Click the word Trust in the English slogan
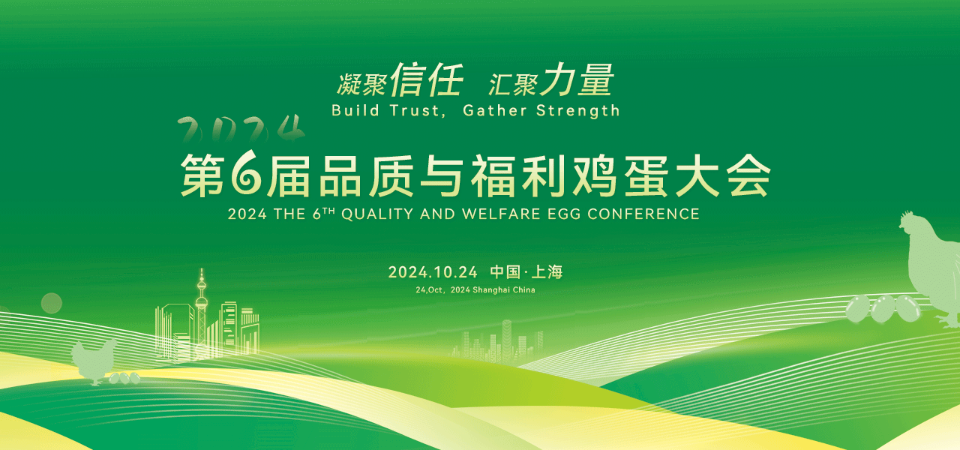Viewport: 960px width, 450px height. click(415, 110)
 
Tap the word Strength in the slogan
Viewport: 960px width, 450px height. click(578, 111)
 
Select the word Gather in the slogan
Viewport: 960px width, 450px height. click(494, 110)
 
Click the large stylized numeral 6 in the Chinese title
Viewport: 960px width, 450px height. click(246, 173)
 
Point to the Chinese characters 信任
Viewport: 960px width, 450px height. click(427, 79)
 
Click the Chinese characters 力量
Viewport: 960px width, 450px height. click(577, 79)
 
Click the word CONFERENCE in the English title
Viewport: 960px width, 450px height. click(643, 214)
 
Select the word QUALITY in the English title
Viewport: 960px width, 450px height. click(377, 214)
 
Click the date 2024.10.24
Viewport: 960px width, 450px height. click(433, 272)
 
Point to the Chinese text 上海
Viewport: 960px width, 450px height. click(547, 272)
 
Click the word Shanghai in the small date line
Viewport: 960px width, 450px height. click(491, 290)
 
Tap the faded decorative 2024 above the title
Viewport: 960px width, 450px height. click(241, 129)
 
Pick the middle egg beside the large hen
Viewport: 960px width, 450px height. click(883, 308)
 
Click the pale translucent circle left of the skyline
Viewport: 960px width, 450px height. click(52, 304)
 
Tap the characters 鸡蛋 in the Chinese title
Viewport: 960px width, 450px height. click(620, 176)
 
